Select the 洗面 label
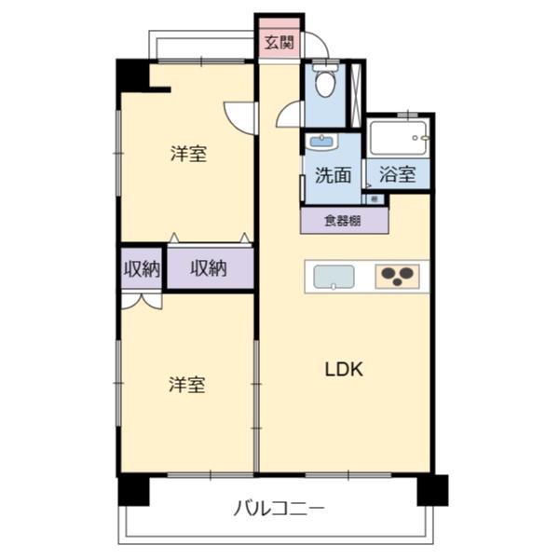pos(332,174)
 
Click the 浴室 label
pos(397,174)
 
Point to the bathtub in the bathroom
pos(397,139)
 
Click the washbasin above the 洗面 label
pos(321,143)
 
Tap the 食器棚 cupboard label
pos(343,221)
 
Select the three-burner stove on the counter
pos(397,276)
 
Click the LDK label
pos(343,369)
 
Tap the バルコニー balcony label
pos(279,509)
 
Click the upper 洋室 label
pos(187,155)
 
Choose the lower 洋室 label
pos(186,384)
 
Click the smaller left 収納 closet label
pos(142,268)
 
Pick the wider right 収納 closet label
pos(209,268)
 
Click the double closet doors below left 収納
pos(142,301)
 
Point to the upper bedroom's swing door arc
pos(240,116)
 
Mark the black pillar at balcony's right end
pos(431,488)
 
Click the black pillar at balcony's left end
pos(132,489)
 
